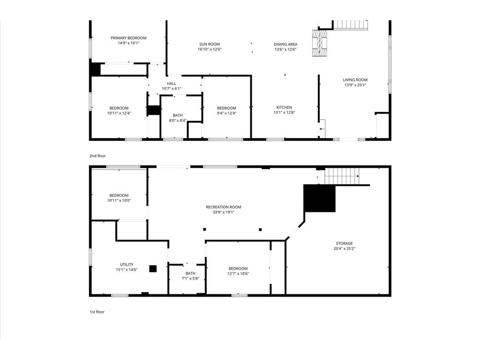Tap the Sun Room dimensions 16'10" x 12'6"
(210, 49)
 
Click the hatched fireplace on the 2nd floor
(320, 43)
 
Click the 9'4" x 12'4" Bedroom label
(226, 111)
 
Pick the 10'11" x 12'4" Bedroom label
(119, 111)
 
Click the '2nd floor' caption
(97, 156)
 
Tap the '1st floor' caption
(97, 312)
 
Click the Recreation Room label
(224, 210)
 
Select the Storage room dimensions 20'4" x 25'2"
(345, 248)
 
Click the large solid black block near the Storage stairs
(320, 198)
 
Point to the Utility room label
(127, 267)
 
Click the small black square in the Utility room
(153, 269)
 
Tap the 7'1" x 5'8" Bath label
(190, 276)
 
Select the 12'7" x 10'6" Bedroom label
(238, 271)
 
